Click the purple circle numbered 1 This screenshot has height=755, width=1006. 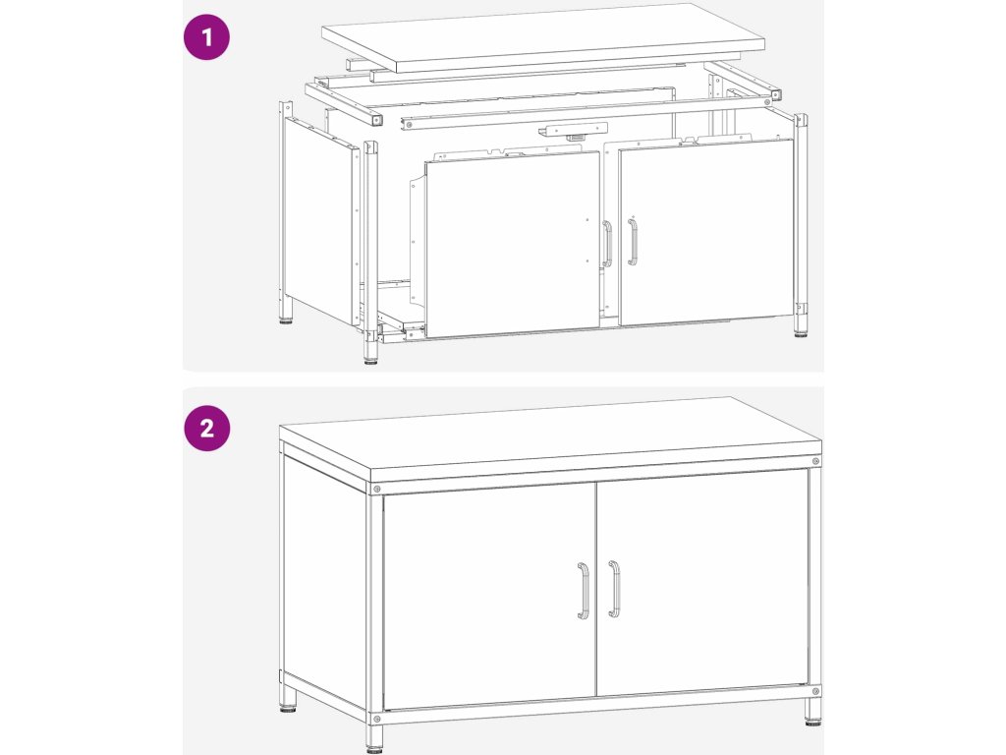coord(206,37)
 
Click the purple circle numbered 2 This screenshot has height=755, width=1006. coord(206,428)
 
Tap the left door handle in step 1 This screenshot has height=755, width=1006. coord(607,244)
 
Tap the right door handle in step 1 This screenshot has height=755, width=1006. coord(633,242)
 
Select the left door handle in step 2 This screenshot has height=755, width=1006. coord(584,591)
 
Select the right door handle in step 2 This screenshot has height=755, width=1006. coord(615,589)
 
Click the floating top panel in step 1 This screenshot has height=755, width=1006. coord(542,37)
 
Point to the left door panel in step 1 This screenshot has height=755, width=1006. coord(512,245)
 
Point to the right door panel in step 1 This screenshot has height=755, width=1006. coord(706,232)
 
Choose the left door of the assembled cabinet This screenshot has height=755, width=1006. coord(489,595)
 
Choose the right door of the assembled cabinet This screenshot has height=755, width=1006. coord(701,582)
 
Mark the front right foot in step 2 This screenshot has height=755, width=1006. coord(814,712)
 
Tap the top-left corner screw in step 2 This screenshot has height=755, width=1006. coord(376,490)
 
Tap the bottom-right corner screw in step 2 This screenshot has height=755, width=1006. coord(815,691)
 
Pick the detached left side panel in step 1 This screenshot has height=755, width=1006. coord(321,221)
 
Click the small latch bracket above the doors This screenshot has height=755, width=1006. coord(573,131)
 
